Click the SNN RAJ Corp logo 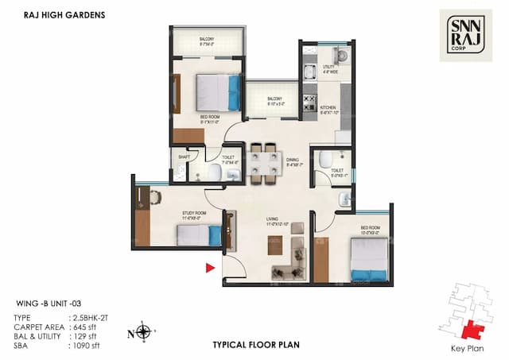pyautogui.click(x=465, y=35)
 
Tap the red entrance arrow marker pyautogui.click(x=211, y=268)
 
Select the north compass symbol pyautogui.click(x=142, y=331)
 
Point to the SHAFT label pyautogui.click(x=183, y=157)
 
